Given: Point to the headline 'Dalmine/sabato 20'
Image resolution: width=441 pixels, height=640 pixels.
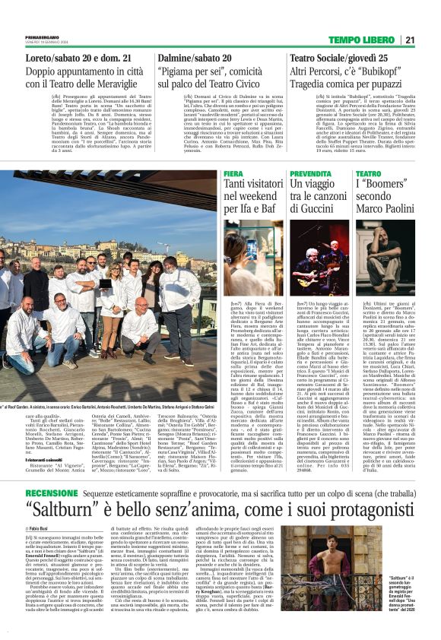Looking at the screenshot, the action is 197,58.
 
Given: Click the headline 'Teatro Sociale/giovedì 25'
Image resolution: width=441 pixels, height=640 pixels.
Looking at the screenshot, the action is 340,58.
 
